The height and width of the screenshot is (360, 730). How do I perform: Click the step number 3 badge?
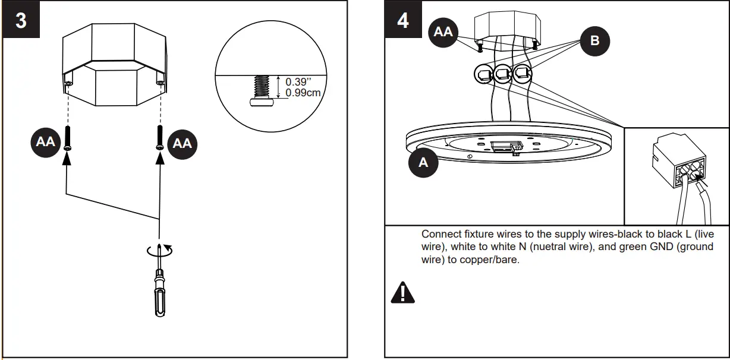pos(21,20)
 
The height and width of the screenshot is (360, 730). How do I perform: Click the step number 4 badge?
pos(403,20)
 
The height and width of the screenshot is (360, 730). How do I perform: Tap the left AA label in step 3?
pos(46,142)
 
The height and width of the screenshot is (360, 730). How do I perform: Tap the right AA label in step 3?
pos(182,143)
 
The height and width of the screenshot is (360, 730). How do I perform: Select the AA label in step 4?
pos(443,32)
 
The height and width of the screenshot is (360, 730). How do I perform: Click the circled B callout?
pos(595,40)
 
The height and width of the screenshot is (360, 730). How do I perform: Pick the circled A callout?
pos(423,162)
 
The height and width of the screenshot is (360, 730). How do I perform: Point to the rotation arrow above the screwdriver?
pos(159,251)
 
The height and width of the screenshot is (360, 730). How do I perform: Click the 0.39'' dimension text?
pos(299,82)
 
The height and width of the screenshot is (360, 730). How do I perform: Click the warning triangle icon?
pos(402,292)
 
